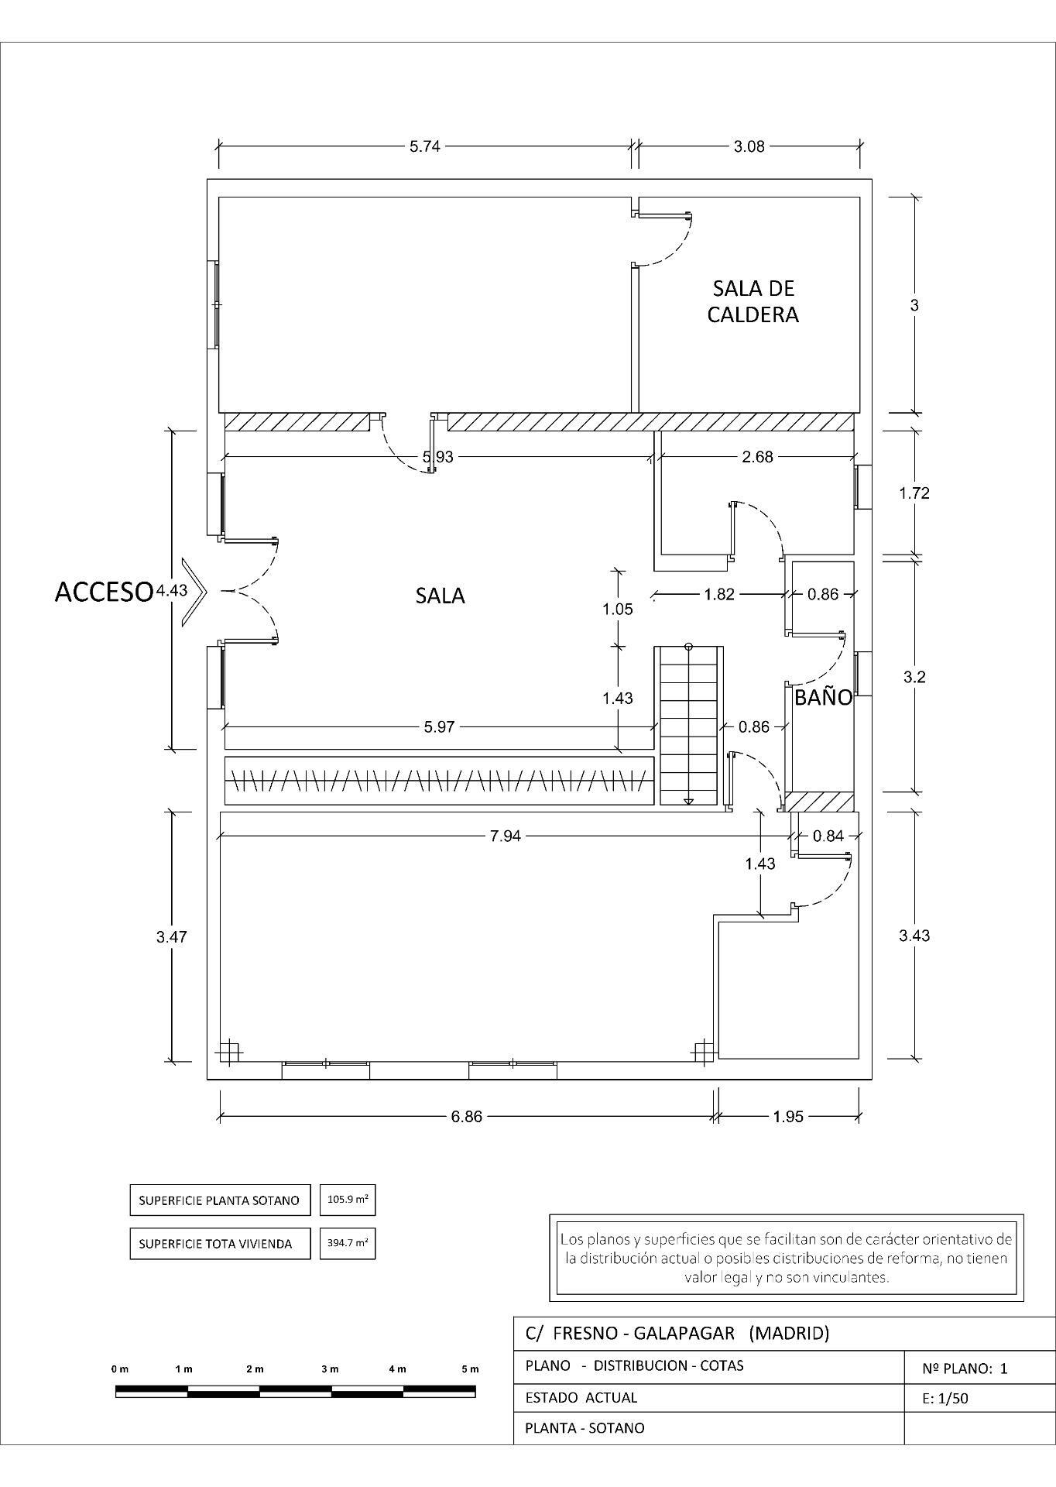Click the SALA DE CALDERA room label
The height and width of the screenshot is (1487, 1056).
[x=753, y=301]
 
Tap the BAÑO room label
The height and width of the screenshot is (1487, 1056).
[x=823, y=697]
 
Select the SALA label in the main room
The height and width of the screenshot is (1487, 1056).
[x=440, y=596]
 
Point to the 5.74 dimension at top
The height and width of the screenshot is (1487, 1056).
[x=424, y=146]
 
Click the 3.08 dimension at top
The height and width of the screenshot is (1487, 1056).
[x=749, y=146]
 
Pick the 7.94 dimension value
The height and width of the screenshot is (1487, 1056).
[x=506, y=836]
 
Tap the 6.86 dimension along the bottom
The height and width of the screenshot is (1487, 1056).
[x=466, y=1116]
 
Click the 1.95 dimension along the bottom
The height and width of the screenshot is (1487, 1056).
[x=787, y=1116]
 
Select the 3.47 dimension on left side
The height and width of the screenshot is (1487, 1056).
[x=171, y=936]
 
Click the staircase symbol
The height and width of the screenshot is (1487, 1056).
[x=689, y=725]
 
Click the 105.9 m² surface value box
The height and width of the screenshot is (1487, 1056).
[x=348, y=1200]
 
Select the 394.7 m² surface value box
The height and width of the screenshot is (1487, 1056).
[x=348, y=1243]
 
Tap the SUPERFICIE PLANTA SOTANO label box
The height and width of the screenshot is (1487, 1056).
[x=219, y=1200]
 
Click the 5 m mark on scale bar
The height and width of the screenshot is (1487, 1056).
[x=470, y=1369]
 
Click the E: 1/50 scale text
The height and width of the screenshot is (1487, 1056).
[x=945, y=1398]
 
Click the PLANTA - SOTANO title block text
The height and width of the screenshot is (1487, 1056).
[x=585, y=1427]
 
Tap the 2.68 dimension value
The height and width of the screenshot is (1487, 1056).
[x=756, y=457]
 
